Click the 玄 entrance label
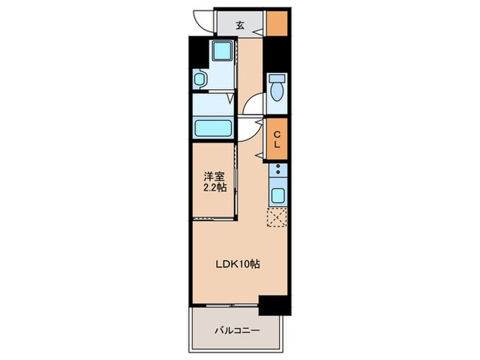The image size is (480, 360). coord(241,26)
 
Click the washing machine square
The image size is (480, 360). coord(222,53)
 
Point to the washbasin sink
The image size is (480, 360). coord(200,80)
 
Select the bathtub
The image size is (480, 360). coord(215,128)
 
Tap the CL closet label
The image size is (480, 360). coord(277,139)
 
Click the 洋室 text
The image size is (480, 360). coord(211,176)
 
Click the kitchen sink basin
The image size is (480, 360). coord(278,193)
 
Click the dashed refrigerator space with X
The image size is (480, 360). coord(278,218)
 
